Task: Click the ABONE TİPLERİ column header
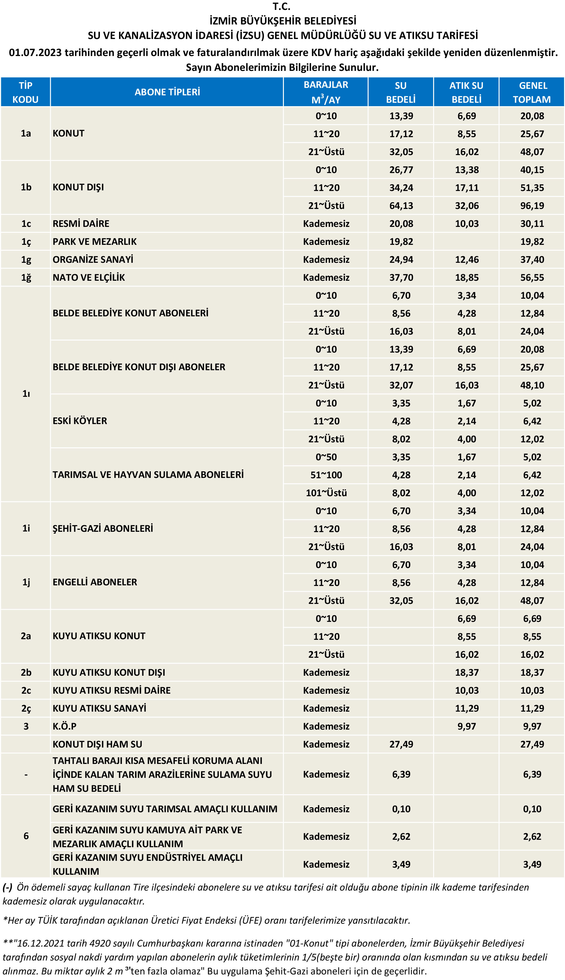(x=167, y=92)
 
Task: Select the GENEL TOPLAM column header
(x=532, y=92)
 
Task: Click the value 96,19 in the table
(x=532, y=206)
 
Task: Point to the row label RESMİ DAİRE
(x=81, y=224)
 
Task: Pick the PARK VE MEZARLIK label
(x=94, y=242)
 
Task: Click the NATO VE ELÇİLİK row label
(x=89, y=278)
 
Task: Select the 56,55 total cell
(x=532, y=278)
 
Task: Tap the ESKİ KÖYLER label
(x=80, y=421)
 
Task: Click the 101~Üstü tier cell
(x=326, y=493)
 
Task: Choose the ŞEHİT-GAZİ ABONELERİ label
(x=102, y=528)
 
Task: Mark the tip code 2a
(x=26, y=636)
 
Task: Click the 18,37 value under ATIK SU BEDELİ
(x=467, y=672)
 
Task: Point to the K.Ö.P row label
(x=64, y=726)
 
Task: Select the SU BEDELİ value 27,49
(x=401, y=744)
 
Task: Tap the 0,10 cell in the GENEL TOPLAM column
(x=532, y=809)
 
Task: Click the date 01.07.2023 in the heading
(x=35, y=53)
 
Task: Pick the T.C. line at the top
(x=281, y=7)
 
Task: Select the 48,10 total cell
(x=532, y=385)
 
